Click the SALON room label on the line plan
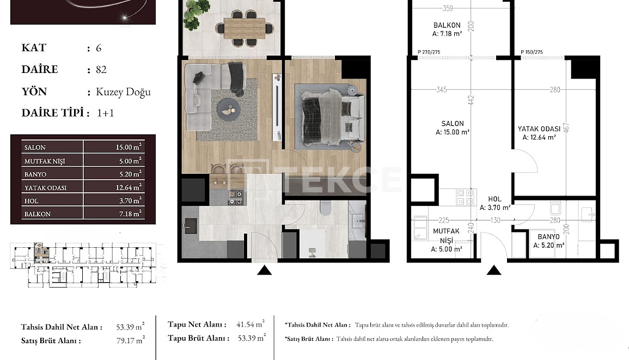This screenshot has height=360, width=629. tap(453, 124)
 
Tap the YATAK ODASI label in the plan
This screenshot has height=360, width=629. tap(539, 129)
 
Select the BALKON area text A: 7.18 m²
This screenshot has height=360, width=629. tap(447, 34)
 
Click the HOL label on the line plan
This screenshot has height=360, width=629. tap(494, 199)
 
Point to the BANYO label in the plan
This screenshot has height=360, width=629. tap(548, 237)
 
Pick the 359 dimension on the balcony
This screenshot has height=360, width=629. tap(448, 8)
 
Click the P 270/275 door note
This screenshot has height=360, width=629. tap(429, 52)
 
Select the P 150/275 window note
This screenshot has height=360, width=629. tap(532, 52)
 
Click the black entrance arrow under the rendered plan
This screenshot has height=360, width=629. tap(264, 270)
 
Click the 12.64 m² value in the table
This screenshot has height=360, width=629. tap(129, 187)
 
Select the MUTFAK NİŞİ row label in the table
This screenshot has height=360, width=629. tap(45, 161)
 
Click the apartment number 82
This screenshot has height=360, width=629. tap(101, 70)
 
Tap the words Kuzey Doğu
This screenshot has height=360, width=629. tap(123, 91)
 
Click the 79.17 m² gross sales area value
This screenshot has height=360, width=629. tap(130, 341)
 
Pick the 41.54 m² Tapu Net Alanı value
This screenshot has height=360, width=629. tap(251, 324)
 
